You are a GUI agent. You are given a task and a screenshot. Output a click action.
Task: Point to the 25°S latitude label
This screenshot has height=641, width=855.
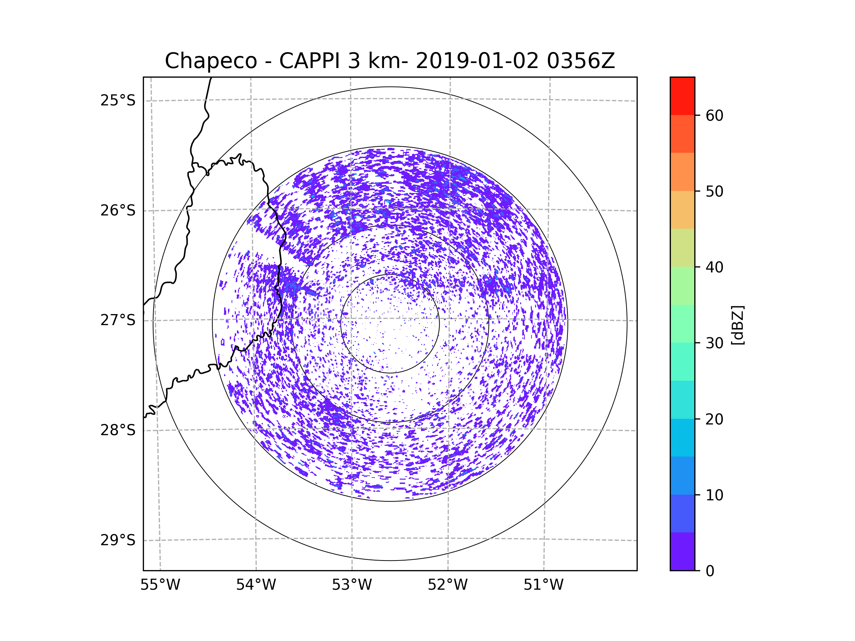(118, 100)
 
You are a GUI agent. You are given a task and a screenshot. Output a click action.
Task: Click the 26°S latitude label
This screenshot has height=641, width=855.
(118, 210)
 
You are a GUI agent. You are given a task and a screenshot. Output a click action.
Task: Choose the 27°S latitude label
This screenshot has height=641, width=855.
(118, 320)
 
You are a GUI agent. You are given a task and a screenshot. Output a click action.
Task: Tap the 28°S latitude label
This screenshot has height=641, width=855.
(118, 430)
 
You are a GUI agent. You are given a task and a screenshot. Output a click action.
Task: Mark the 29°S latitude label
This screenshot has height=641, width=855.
(118, 540)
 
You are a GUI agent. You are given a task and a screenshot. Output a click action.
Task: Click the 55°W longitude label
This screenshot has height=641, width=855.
(160, 585)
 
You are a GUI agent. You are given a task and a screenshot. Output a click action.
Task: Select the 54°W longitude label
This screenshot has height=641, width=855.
(256, 585)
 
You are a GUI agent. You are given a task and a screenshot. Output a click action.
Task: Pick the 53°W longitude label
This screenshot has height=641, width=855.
(352, 585)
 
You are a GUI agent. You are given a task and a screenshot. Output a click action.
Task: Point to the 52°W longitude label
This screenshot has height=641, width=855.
(447, 585)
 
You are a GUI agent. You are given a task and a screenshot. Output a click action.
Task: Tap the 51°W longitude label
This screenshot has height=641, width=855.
(543, 585)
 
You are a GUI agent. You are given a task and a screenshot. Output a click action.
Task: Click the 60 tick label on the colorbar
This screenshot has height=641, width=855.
(714, 115)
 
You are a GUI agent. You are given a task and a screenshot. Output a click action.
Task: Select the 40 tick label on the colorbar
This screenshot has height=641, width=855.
(714, 267)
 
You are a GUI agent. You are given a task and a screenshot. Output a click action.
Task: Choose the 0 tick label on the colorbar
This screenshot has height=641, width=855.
(710, 571)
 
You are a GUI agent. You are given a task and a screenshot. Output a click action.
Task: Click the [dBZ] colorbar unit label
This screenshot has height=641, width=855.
(737, 325)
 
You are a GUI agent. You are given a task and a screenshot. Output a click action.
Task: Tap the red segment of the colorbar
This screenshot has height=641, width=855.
(682, 96)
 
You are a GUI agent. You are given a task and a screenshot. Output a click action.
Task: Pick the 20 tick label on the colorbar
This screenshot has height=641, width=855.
(714, 419)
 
